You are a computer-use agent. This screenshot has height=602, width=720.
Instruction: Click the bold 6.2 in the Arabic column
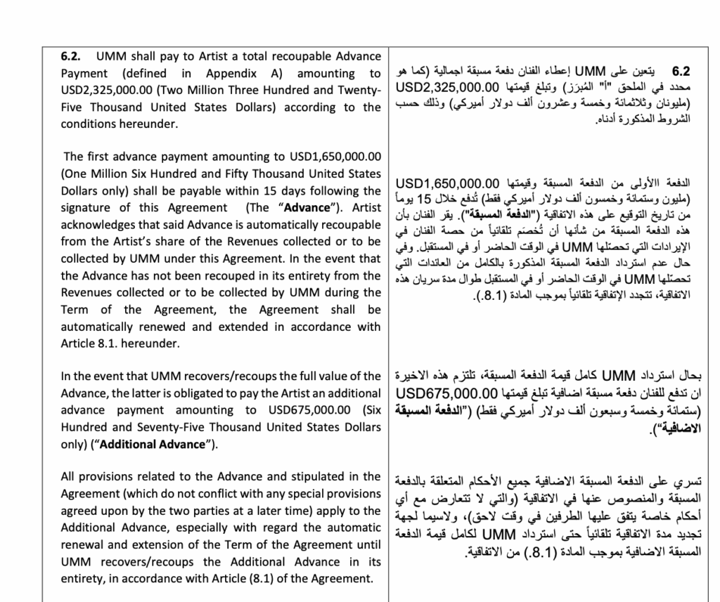[681, 72]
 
